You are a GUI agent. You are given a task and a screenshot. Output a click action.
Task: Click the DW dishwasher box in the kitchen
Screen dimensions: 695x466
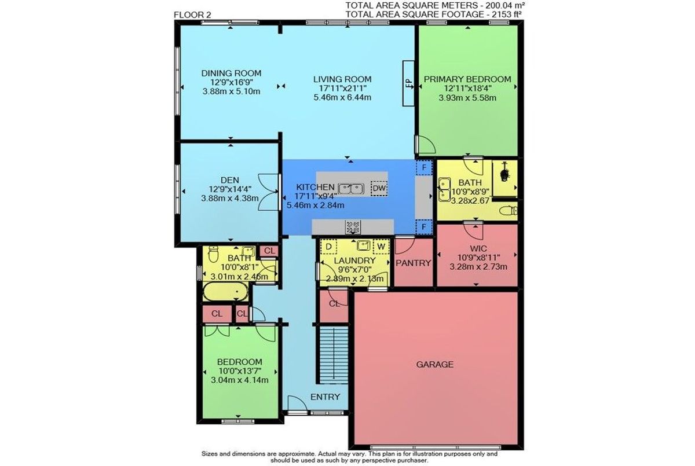379,188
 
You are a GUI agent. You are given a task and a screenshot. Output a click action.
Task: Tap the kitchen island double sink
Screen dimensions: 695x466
351,188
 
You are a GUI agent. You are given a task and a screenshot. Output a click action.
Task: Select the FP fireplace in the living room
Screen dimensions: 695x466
408,83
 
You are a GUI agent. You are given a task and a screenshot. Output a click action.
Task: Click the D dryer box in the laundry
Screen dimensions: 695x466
329,247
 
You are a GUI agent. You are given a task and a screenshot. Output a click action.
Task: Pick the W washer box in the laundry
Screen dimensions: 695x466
381,247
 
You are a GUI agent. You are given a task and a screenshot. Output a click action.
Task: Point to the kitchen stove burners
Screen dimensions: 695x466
353,227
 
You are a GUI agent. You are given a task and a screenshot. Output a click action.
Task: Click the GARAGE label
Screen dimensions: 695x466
435,364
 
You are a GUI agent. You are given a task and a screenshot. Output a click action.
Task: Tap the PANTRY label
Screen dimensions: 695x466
414,263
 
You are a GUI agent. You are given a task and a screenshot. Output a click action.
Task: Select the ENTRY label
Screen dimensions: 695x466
325,397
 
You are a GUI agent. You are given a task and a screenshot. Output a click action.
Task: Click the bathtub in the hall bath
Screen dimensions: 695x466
225,291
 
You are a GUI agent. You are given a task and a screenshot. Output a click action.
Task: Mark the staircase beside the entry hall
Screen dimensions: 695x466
334,355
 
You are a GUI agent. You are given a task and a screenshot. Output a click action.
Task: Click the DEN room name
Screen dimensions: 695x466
230,180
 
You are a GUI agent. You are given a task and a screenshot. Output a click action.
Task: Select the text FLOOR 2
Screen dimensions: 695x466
193,15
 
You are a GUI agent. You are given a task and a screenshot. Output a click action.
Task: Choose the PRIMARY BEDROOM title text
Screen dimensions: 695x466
467,79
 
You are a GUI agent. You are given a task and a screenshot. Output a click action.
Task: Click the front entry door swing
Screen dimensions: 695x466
297,403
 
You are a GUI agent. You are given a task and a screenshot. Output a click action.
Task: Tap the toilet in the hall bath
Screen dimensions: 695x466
213,254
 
